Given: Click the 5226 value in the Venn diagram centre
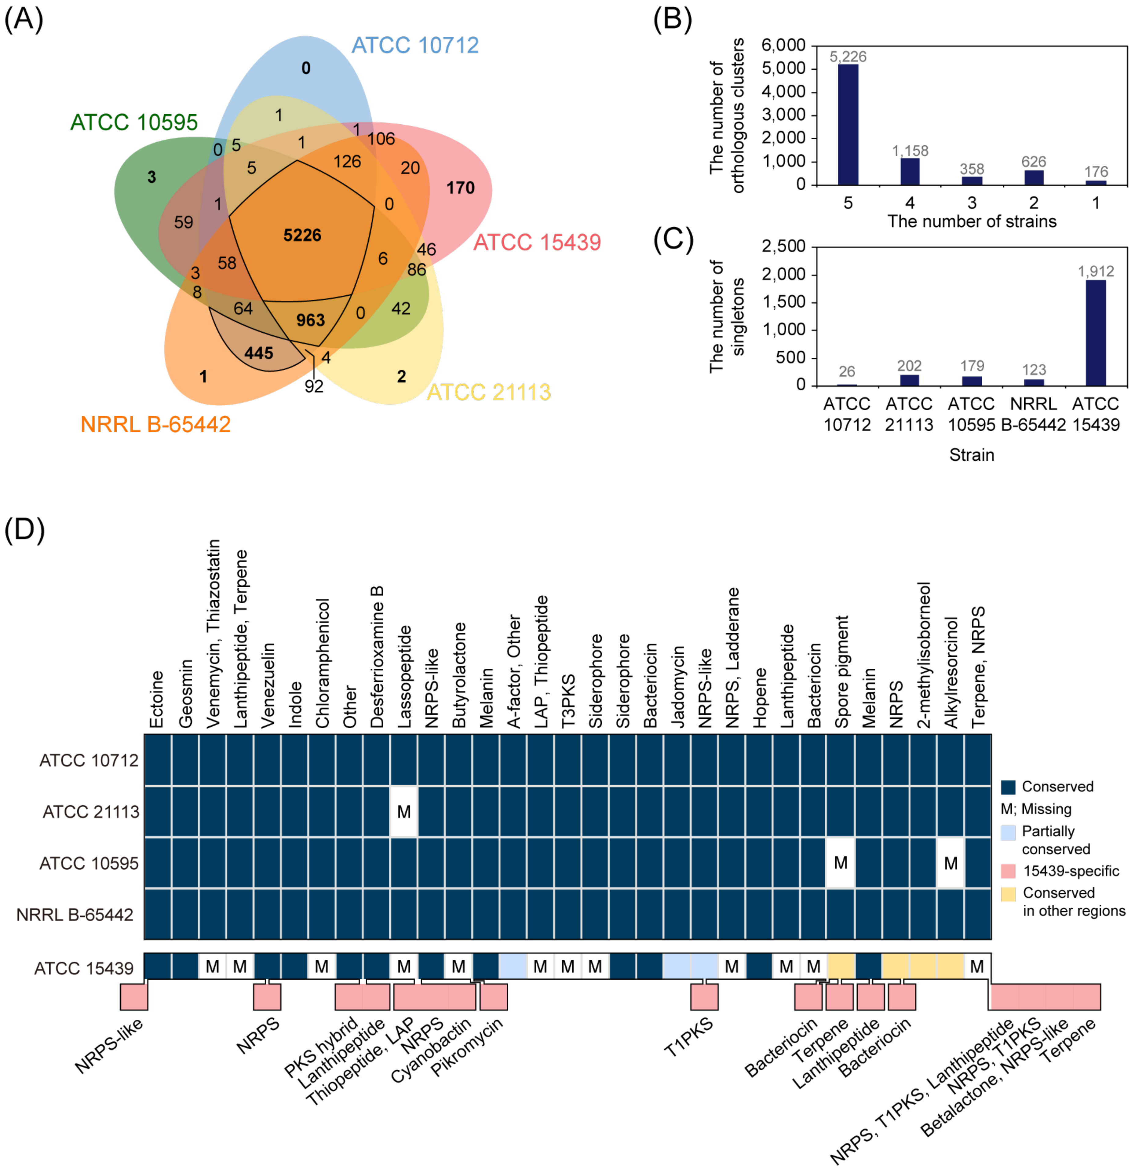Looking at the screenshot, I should point(302,235).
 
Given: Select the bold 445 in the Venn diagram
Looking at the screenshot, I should point(258,353).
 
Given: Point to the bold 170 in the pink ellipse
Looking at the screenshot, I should point(460,188).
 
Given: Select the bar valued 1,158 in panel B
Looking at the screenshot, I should point(910,172).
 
